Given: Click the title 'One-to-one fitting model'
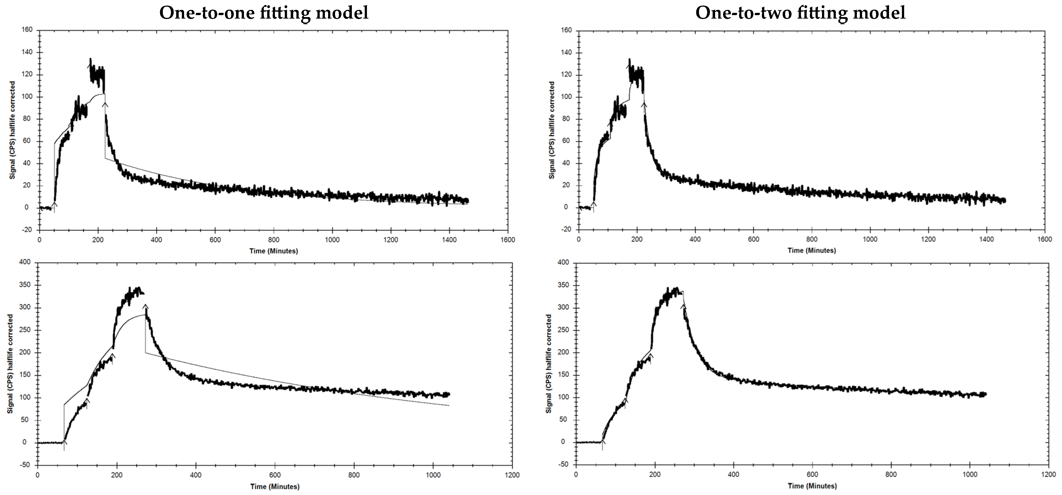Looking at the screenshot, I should tap(264, 13).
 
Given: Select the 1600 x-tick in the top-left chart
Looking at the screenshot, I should tap(507, 240).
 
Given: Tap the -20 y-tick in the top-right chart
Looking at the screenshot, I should tap(567, 229).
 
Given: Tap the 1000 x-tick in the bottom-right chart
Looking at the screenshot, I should tap(970, 474).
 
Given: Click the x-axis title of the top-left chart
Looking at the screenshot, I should tap(273, 251).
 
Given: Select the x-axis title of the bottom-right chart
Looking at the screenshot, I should tap(812, 486).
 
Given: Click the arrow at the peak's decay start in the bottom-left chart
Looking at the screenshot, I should tap(145, 306).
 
